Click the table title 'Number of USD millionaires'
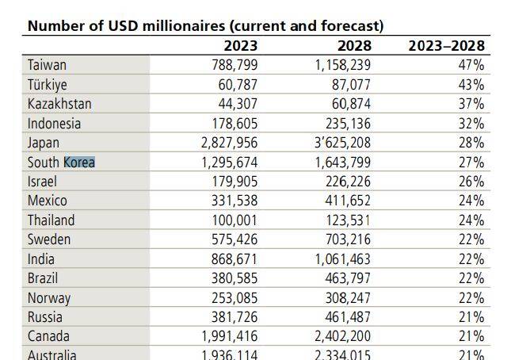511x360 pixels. tap(204, 25)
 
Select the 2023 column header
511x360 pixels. tap(240, 46)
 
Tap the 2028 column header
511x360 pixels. tap(353, 46)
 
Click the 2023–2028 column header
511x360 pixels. tap(445, 46)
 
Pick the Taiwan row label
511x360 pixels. tap(47, 65)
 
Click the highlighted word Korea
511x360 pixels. tap(79, 162)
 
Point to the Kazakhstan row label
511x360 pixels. tap(59, 104)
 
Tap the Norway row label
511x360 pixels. tap(48, 298)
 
